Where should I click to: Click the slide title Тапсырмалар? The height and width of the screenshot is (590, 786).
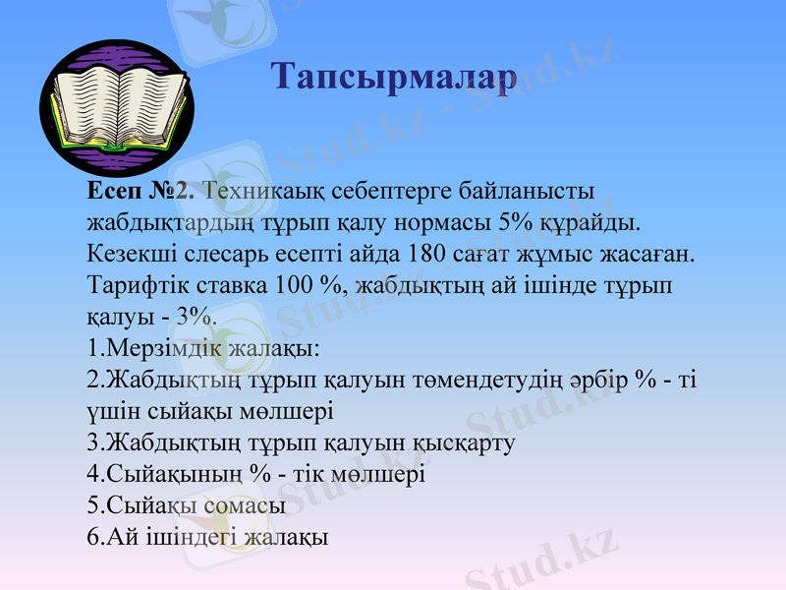click(392, 77)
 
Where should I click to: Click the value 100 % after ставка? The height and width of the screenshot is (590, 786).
click(314, 286)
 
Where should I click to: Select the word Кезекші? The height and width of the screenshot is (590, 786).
click(128, 254)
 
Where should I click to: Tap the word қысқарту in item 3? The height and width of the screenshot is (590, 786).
click(460, 442)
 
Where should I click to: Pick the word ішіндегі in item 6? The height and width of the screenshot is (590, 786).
click(179, 537)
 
